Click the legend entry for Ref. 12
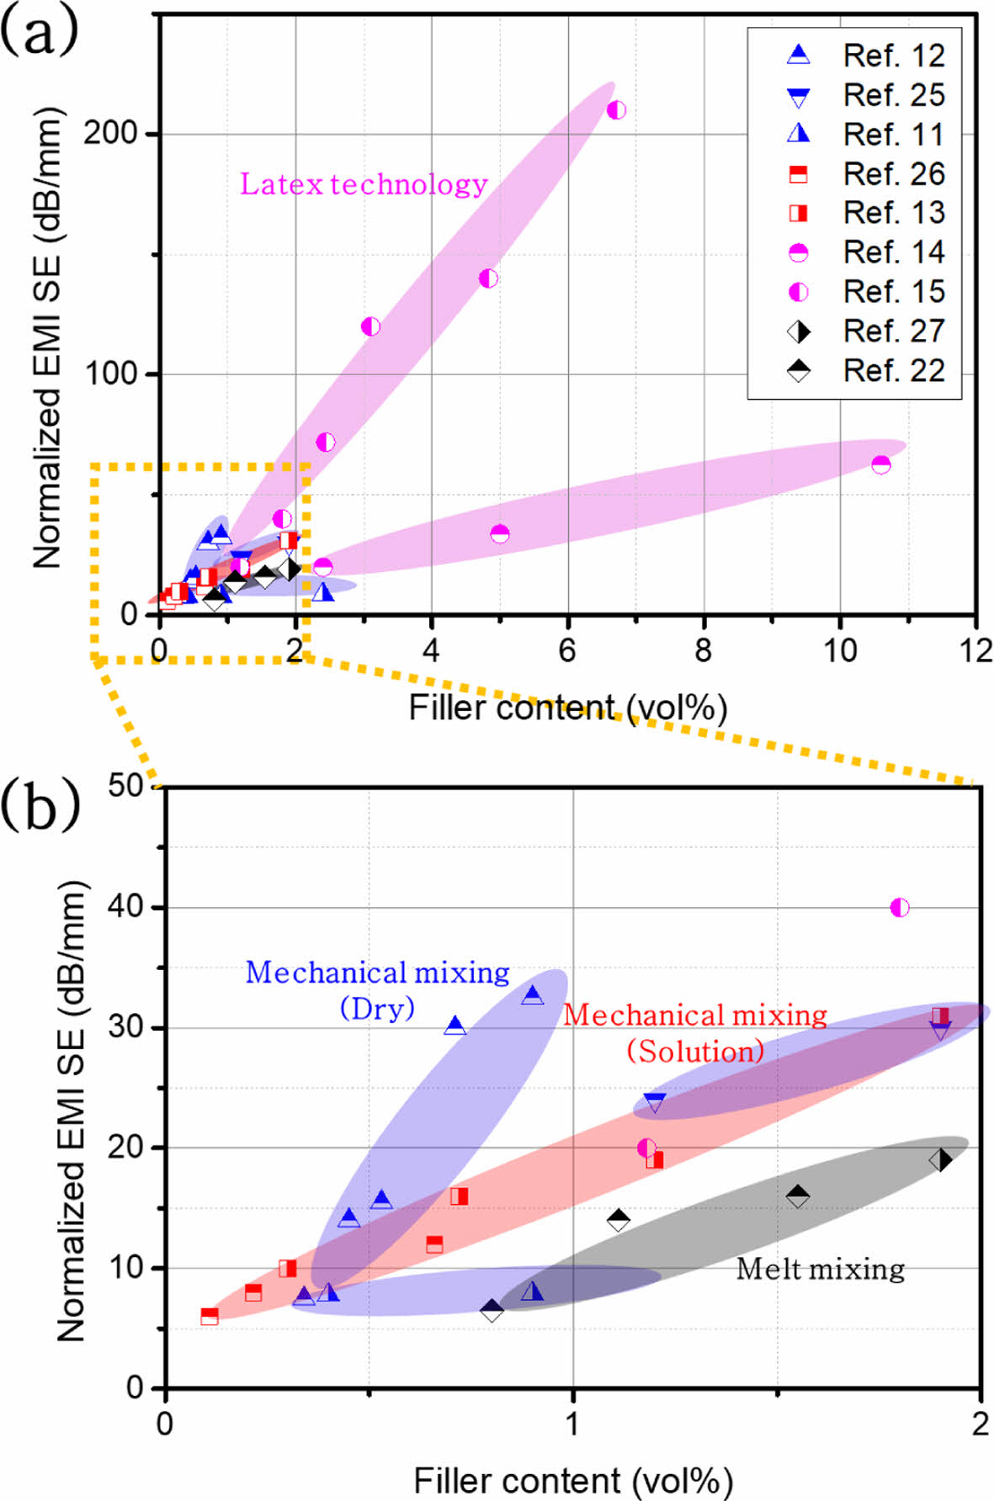(x=867, y=56)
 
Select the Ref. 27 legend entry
(x=867, y=331)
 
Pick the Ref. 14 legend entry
(x=867, y=252)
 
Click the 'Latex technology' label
(x=364, y=184)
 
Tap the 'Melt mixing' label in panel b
(x=820, y=1269)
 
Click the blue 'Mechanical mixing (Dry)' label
(x=377, y=989)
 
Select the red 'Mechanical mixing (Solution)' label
(x=695, y=1032)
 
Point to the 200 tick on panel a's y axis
(x=111, y=133)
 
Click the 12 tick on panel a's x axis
(x=975, y=650)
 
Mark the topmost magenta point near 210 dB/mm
(x=616, y=110)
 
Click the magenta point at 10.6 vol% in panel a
(x=880, y=464)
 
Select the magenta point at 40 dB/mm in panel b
(x=900, y=907)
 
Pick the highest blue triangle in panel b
(x=533, y=996)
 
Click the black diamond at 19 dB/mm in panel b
(x=940, y=1160)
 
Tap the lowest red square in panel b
(x=210, y=1316)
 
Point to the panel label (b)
(x=40, y=804)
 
